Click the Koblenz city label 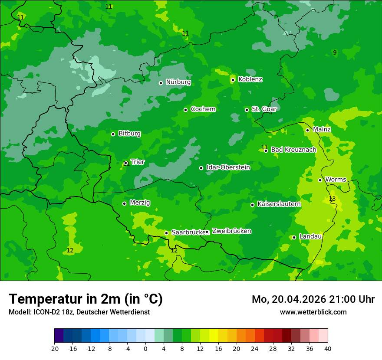(x=250, y=79)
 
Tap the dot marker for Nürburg (x=161, y=83)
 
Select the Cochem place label (x=203, y=109)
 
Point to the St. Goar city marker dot (x=247, y=110)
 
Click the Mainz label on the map (x=322, y=130)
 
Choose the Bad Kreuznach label (x=293, y=150)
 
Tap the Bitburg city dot (x=113, y=134)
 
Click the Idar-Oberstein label (x=228, y=167)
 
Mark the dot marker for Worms (x=320, y=180)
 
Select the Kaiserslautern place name (x=279, y=204)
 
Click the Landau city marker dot (x=294, y=237)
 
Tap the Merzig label (x=140, y=203)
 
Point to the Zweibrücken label (x=231, y=231)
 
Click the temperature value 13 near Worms (x=332, y=199)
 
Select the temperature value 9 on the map (x=334, y=53)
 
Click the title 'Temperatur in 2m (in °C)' (x=86, y=299)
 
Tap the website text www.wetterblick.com (x=313, y=312)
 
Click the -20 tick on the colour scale (x=54, y=349)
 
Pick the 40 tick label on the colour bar (x=328, y=349)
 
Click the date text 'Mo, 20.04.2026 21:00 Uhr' (x=313, y=299)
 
